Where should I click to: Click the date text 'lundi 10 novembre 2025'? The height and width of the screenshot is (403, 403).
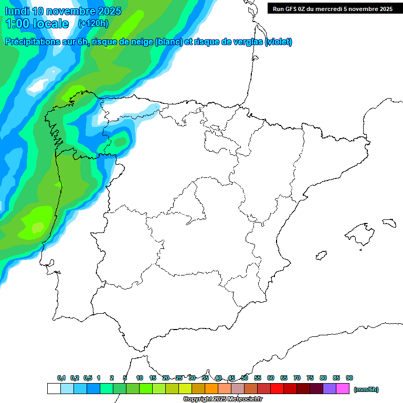click(x=63, y=11)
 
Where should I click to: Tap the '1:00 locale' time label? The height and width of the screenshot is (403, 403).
click(x=37, y=24)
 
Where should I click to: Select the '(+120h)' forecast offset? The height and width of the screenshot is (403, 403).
click(x=93, y=24)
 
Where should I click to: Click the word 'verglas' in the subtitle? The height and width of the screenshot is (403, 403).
click(x=248, y=42)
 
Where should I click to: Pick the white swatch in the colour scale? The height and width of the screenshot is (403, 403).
click(x=54, y=389)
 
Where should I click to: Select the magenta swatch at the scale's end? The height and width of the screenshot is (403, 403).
click(x=343, y=389)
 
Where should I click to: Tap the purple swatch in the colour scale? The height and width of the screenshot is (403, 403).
click(x=330, y=389)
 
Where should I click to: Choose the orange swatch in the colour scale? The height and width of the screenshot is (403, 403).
click(x=211, y=389)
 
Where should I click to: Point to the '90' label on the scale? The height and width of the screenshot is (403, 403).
click(x=349, y=378)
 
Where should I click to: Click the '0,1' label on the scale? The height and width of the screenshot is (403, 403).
click(x=61, y=378)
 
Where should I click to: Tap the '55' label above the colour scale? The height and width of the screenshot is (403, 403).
click(x=258, y=378)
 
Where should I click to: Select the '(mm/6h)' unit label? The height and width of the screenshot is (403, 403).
click(x=366, y=389)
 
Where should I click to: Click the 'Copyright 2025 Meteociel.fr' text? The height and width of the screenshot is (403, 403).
click(x=222, y=399)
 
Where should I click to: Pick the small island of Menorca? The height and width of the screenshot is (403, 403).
click(x=388, y=222)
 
